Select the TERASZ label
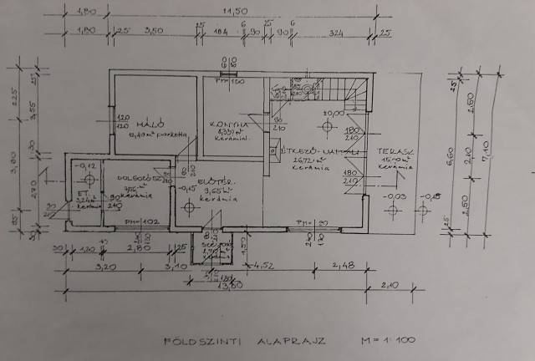(393, 154)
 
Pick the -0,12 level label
(84, 166)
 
